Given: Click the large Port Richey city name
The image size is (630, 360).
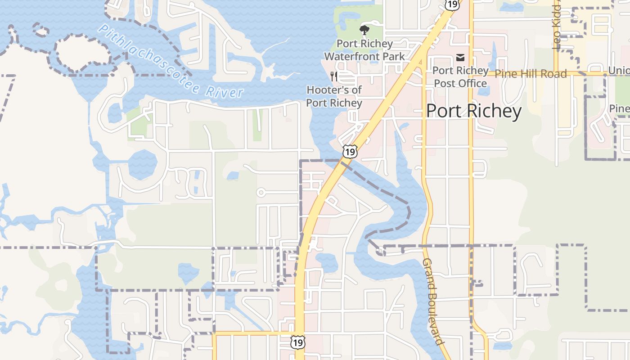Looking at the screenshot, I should pyautogui.click(x=473, y=111).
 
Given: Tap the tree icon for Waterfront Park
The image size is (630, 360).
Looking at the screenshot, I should pyautogui.click(x=364, y=31).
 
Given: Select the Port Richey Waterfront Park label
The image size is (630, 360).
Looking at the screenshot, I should pyautogui.click(x=364, y=50).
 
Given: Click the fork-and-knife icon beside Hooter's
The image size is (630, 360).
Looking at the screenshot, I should pyautogui.click(x=333, y=76).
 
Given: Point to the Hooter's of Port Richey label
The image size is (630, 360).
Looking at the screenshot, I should pyautogui.click(x=334, y=96).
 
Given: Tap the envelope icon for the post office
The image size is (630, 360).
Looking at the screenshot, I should pyautogui.click(x=460, y=58).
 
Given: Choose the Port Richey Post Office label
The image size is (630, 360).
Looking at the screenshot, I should pyautogui.click(x=460, y=77).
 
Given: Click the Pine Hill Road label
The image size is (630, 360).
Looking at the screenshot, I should pyautogui.click(x=531, y=74).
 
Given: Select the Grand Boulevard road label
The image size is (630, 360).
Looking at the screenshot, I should pyautogui.click(x=433, y=301).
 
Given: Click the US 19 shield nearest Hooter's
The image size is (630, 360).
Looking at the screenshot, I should pyautogui.click(x=350, y=151).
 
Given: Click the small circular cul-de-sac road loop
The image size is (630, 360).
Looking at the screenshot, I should pyautogui.click(x=261, y=193).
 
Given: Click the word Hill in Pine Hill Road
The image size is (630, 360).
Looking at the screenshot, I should pyautogui.click(x=526, y=74).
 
